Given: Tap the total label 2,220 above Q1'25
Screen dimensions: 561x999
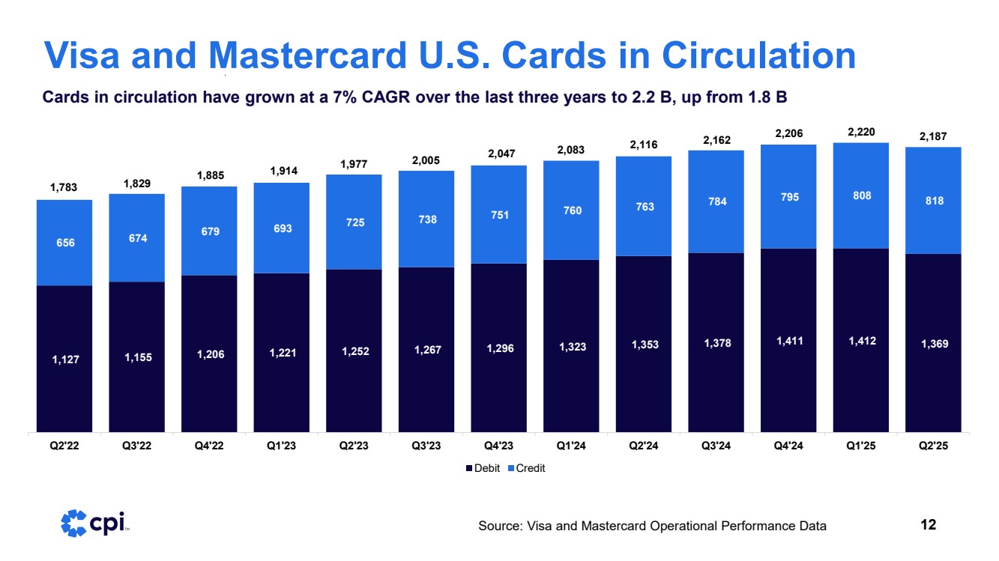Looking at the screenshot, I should (x=860, y=133).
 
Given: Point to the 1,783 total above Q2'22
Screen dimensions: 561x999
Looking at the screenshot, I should (x=64, y=188).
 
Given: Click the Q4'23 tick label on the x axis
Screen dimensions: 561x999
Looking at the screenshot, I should (x=498, y=447).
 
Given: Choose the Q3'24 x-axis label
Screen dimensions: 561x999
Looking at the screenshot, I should (x=716, y=447).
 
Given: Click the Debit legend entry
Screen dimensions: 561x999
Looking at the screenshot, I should (x=485, y=468).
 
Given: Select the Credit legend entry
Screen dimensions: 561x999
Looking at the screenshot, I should (x=527, y=468).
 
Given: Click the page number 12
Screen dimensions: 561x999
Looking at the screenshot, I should (x=928, y=524).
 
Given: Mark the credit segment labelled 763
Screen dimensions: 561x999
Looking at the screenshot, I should (x=644, y=207).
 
